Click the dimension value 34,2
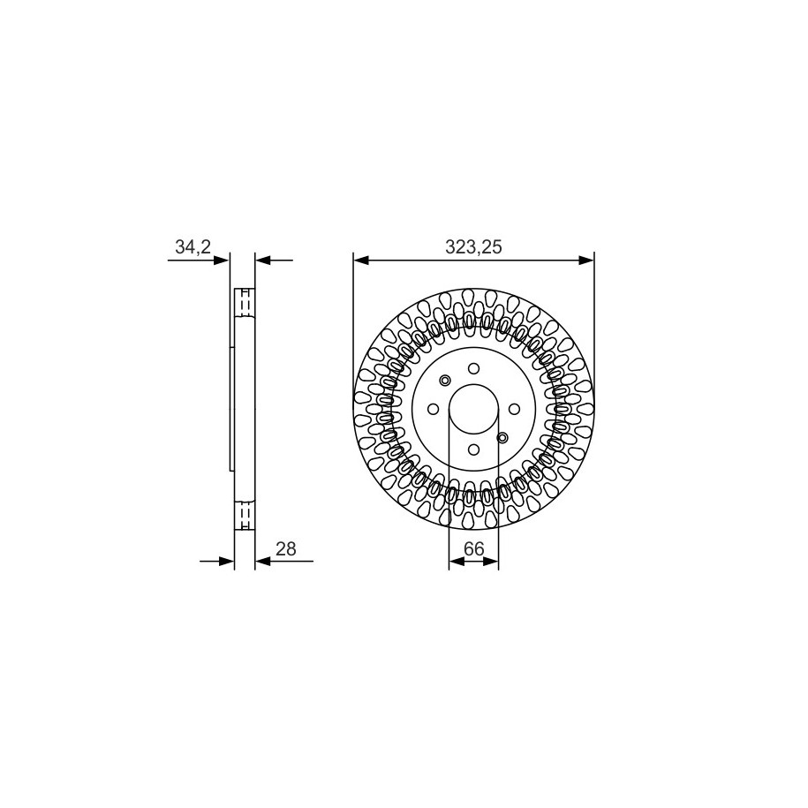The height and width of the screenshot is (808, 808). tap(193, 247)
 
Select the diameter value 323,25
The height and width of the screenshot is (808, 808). tap(473, 247)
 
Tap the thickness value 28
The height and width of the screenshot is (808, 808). tap(286, 548)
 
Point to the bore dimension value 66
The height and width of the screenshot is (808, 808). tap(473, 548)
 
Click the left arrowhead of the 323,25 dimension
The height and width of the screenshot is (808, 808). tap(360, 261)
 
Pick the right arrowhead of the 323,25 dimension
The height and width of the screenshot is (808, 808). tap(586, 261)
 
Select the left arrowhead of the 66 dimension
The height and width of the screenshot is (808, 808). tap(456, 561)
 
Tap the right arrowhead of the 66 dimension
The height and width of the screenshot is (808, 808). tap(492, 561)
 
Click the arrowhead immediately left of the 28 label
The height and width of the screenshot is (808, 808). tap(263, 561)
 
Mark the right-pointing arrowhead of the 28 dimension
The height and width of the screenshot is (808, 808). tap(227, 561)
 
